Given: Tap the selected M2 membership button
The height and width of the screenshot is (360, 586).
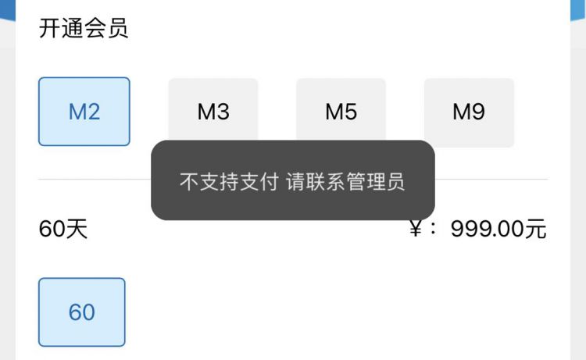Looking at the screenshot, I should (84, 112).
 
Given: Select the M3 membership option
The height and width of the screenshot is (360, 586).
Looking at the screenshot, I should (213, 112).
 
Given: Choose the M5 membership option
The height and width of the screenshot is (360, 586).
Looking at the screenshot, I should (341, 112).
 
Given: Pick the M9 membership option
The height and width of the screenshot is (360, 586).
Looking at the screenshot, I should (469, 112).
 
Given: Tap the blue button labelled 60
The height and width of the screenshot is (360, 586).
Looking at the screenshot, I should (82, 312).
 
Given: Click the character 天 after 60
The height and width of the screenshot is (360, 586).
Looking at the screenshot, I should (77, 230).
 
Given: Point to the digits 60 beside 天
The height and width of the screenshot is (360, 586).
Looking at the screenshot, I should (52, 230).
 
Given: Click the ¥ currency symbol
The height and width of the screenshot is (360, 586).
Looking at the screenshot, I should (416, 230).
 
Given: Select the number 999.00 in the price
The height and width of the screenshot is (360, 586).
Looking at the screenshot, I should (488, 230).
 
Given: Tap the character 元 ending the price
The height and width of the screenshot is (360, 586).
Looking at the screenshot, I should (536, 230).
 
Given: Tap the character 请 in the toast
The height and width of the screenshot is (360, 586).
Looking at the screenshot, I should (294, 183).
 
